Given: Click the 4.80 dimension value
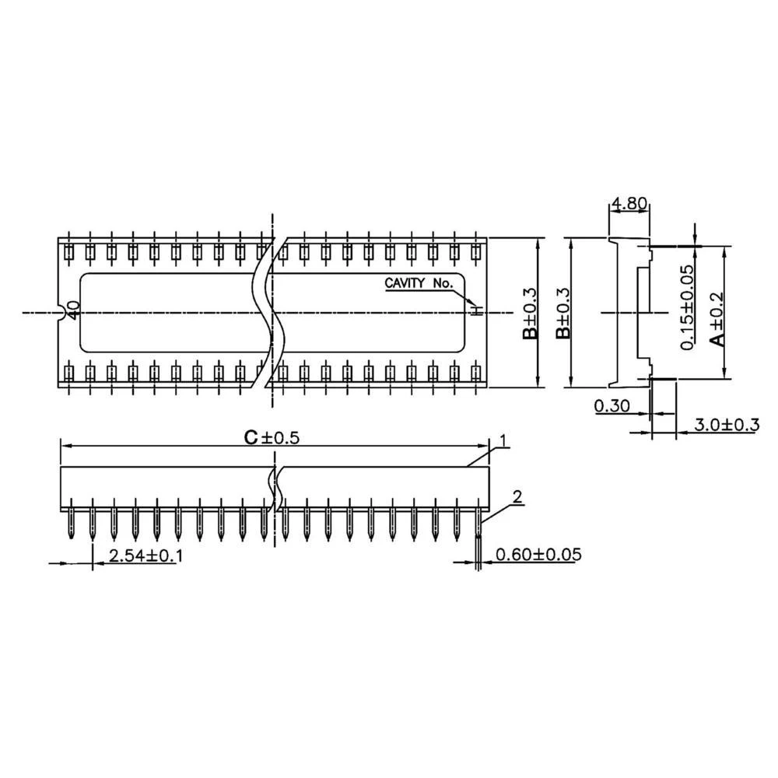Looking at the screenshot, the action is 629,203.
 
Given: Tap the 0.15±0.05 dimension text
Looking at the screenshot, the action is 687,307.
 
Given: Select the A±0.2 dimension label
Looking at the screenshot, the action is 717,318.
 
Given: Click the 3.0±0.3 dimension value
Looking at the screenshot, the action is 727,425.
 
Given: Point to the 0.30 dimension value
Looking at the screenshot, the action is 612,406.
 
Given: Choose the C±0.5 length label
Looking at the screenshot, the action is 272,437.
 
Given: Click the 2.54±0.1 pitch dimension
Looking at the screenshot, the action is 145,555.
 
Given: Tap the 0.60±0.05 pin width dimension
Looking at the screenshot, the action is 538,554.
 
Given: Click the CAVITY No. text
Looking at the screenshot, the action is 419,283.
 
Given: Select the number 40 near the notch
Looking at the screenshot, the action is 72,310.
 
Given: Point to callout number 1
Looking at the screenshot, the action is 503,440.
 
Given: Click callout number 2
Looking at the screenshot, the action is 517,496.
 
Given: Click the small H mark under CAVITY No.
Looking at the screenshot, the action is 478,310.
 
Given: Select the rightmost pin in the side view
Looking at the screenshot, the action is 478,519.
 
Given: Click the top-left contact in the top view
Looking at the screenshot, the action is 69,252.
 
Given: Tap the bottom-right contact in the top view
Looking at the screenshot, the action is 476,373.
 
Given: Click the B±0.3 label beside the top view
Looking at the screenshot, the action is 530,313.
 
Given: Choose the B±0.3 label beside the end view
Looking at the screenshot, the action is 563,313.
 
